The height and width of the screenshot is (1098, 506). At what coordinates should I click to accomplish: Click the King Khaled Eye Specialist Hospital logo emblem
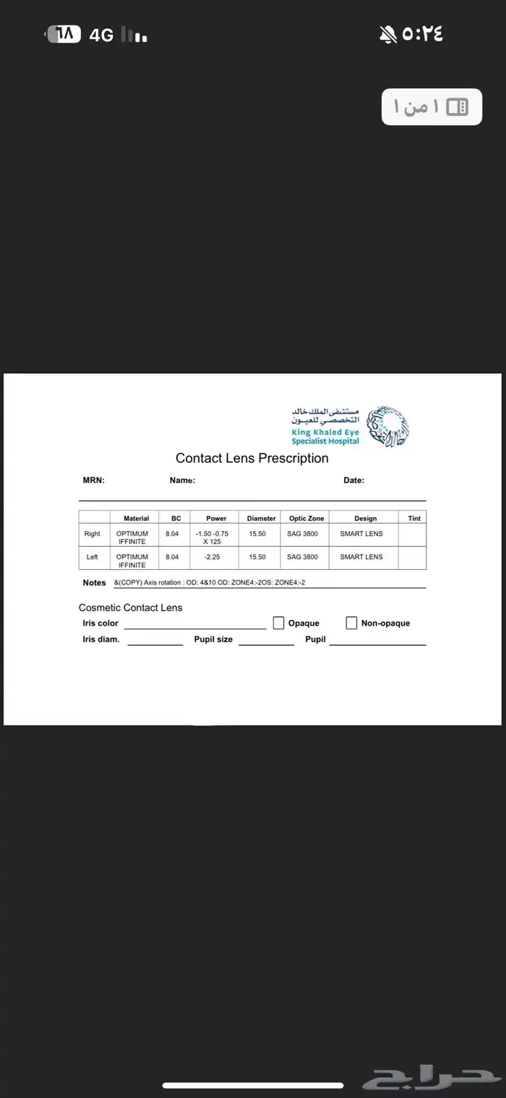387,425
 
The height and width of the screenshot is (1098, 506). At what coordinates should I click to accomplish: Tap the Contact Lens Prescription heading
252,458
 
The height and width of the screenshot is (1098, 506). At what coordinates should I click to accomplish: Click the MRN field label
94,480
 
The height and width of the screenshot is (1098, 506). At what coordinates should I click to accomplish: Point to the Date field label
353,480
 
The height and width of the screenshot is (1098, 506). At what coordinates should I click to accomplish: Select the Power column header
216,518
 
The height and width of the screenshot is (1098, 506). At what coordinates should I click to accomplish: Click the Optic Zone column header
306,518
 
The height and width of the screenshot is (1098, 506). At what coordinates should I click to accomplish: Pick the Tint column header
414,518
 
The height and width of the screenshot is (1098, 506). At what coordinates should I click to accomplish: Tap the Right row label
93,534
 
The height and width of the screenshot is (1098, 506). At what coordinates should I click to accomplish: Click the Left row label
93,557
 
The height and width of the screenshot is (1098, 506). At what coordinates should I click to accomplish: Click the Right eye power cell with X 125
212,537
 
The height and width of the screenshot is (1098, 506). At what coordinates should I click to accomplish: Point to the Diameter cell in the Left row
257,557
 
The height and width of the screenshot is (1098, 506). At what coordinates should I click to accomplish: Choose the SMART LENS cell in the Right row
361,534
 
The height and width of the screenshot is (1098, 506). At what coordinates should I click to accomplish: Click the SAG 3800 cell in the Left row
302,557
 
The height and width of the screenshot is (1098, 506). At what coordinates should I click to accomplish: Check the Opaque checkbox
278,623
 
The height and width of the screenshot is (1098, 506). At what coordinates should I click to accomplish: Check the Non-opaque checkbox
351,623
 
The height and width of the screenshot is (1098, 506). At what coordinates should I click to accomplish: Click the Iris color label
100,623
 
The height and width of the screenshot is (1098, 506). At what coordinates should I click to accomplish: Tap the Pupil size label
213,639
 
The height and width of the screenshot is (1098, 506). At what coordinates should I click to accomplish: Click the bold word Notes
94,582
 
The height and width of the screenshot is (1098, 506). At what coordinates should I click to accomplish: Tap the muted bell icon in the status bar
388,33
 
